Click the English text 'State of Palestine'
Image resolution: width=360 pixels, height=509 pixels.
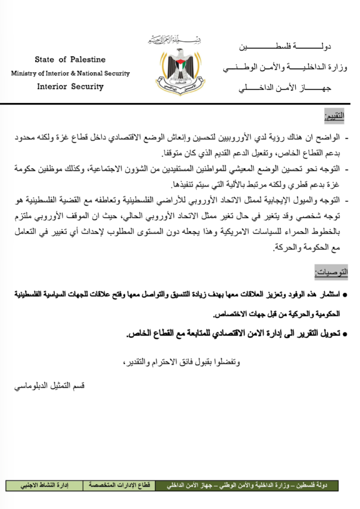pos(70,60)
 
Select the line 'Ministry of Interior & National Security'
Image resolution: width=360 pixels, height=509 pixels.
pos(70,74)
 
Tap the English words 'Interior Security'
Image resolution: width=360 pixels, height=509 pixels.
pos(70,86)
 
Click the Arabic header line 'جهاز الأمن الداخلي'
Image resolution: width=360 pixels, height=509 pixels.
pos(285,88)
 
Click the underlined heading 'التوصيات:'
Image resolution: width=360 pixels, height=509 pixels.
pos(332,272)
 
